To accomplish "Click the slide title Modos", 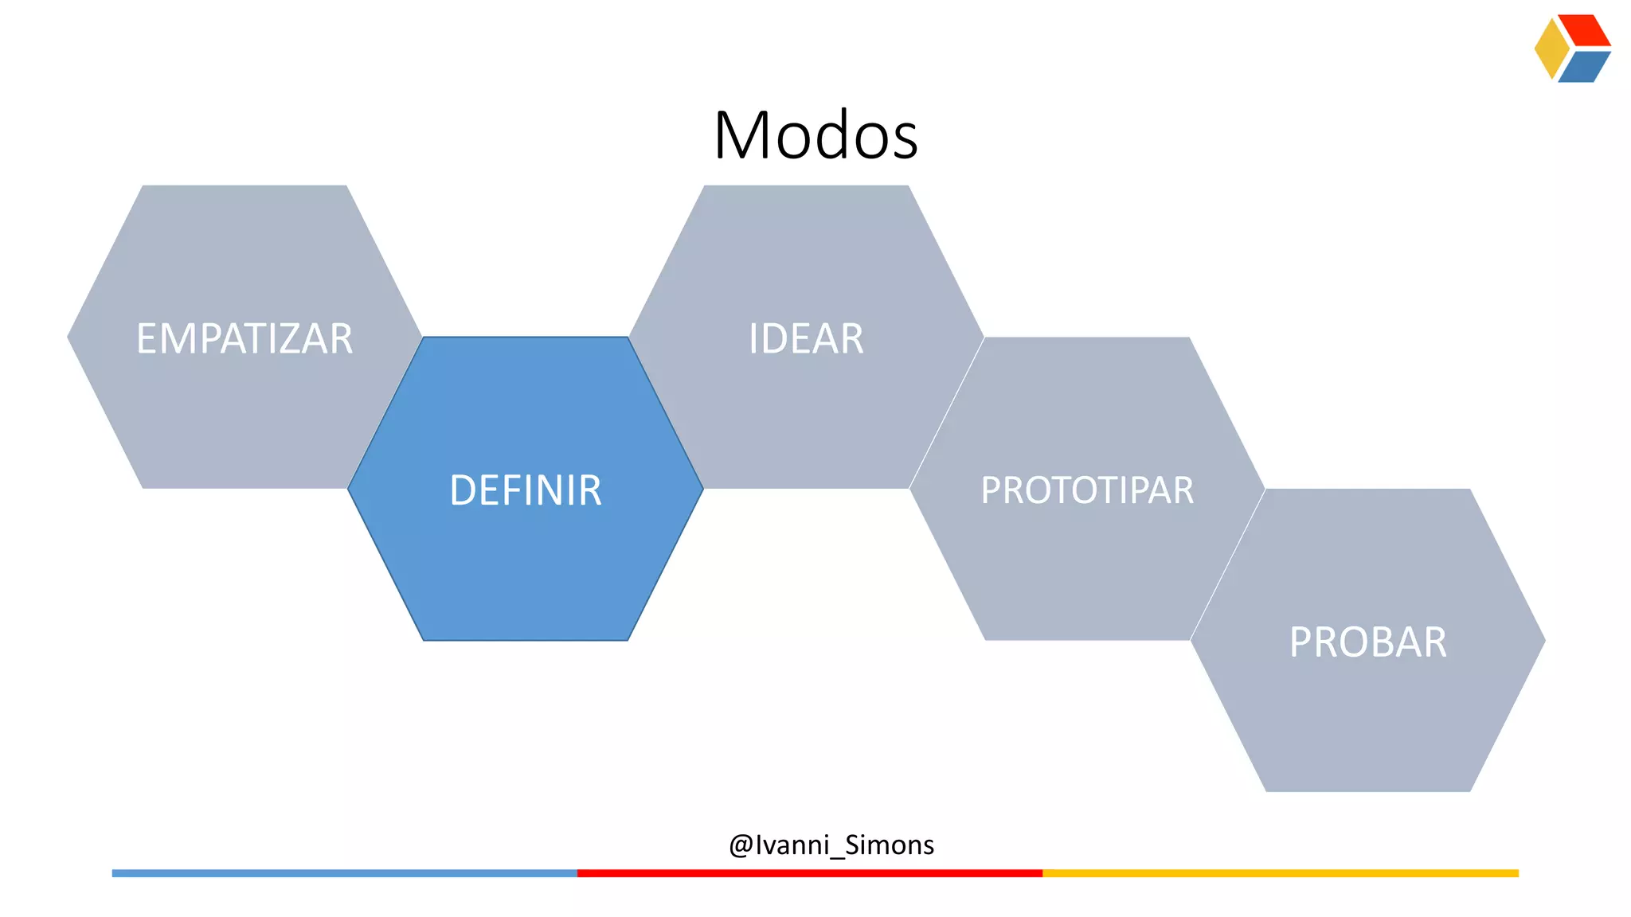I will [815, 135].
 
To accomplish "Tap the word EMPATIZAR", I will [244, 339].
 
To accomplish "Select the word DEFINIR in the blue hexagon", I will [526, 490].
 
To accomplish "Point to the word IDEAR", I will [806, 339].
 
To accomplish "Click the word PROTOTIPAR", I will [1087, 490].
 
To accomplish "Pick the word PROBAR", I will [1367, 642].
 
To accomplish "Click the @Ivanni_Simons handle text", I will [831, 845].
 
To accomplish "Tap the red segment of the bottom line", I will [809, 873].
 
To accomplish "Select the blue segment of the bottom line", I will [344, 873].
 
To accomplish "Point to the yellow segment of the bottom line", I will [1280, 873].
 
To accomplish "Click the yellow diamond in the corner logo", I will [1551, 49].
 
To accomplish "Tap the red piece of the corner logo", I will [1586, 30].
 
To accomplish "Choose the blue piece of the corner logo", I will [1584, 67].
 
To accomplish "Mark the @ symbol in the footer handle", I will [741, 845].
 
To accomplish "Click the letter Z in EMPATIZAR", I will [284, 339].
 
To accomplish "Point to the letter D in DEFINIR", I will [463, 490].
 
